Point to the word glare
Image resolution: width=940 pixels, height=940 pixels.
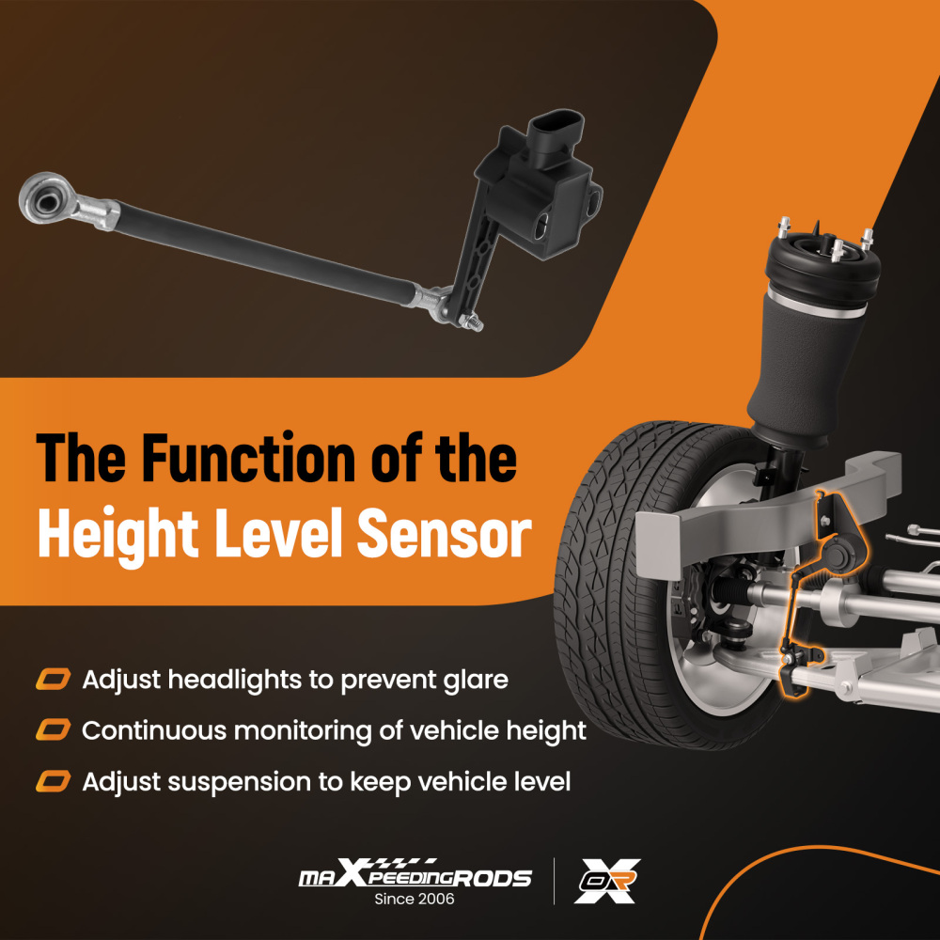(471, 680)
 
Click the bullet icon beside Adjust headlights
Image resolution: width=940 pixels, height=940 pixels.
(53, 680)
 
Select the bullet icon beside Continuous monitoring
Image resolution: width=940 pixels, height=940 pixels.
(53, 730)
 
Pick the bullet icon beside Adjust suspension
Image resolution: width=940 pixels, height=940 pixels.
(53, 781)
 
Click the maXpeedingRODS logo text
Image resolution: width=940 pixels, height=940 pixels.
(415, 876)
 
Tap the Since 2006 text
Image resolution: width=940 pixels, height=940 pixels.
(415, 900)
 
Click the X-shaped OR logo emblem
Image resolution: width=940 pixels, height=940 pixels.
(607, 881)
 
